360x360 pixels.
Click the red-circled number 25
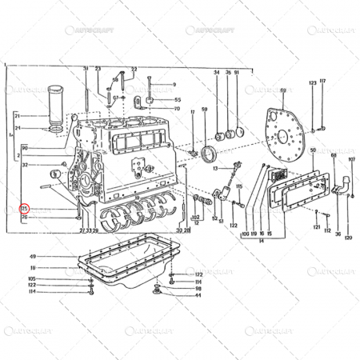25,209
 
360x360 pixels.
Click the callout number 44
198,295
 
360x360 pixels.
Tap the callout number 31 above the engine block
86,70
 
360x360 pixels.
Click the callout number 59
204,109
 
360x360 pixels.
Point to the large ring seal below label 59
212,152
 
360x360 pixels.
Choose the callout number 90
26,148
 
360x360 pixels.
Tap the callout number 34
216,74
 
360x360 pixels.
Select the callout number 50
312,150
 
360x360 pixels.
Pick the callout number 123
310,82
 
